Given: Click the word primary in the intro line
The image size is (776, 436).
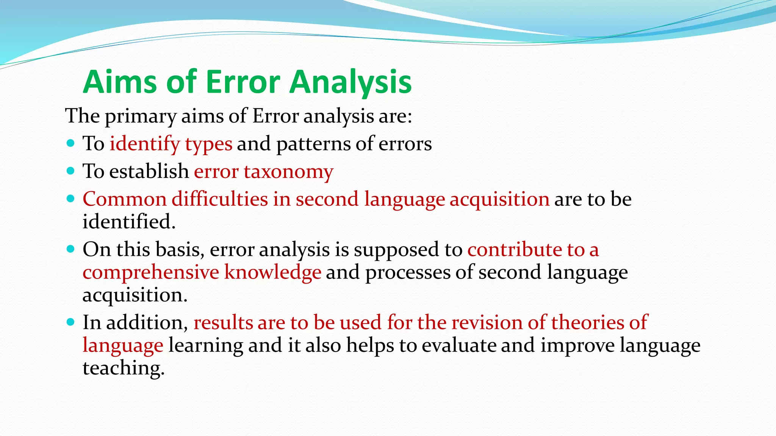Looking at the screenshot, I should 140,116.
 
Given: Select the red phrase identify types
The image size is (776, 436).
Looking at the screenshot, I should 171,144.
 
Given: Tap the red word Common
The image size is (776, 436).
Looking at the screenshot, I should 124,199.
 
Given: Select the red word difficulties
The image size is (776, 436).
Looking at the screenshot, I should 220,199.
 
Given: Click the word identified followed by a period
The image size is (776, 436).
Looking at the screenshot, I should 129,222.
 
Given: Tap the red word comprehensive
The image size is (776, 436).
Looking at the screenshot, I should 151,272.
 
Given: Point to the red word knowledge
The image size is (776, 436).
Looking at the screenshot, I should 272,272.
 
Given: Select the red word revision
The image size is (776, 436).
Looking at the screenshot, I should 487,322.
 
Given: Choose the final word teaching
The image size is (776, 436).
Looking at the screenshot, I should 124,368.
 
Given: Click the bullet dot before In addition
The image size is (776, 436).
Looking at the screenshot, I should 70,322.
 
